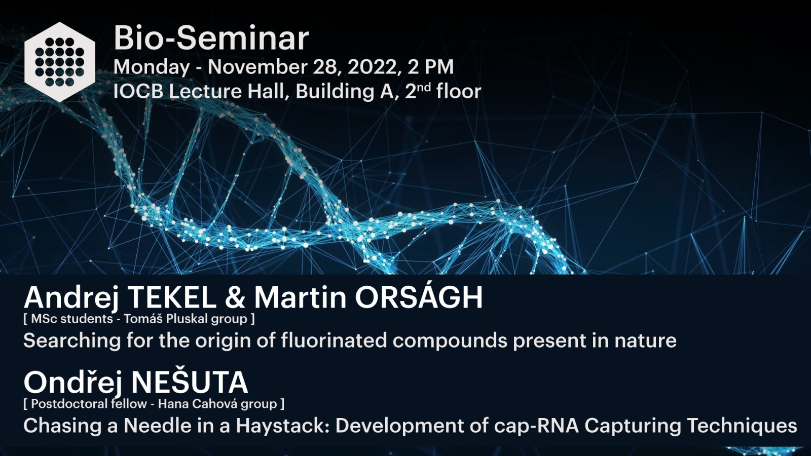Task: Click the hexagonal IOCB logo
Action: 60,62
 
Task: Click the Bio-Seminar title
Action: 211,39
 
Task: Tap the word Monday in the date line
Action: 152,68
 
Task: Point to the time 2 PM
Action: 430,67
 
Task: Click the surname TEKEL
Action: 172,297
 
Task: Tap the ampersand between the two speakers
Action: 235,297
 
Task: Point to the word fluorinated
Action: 335,340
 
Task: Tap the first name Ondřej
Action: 72,383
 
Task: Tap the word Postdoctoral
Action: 89,404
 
